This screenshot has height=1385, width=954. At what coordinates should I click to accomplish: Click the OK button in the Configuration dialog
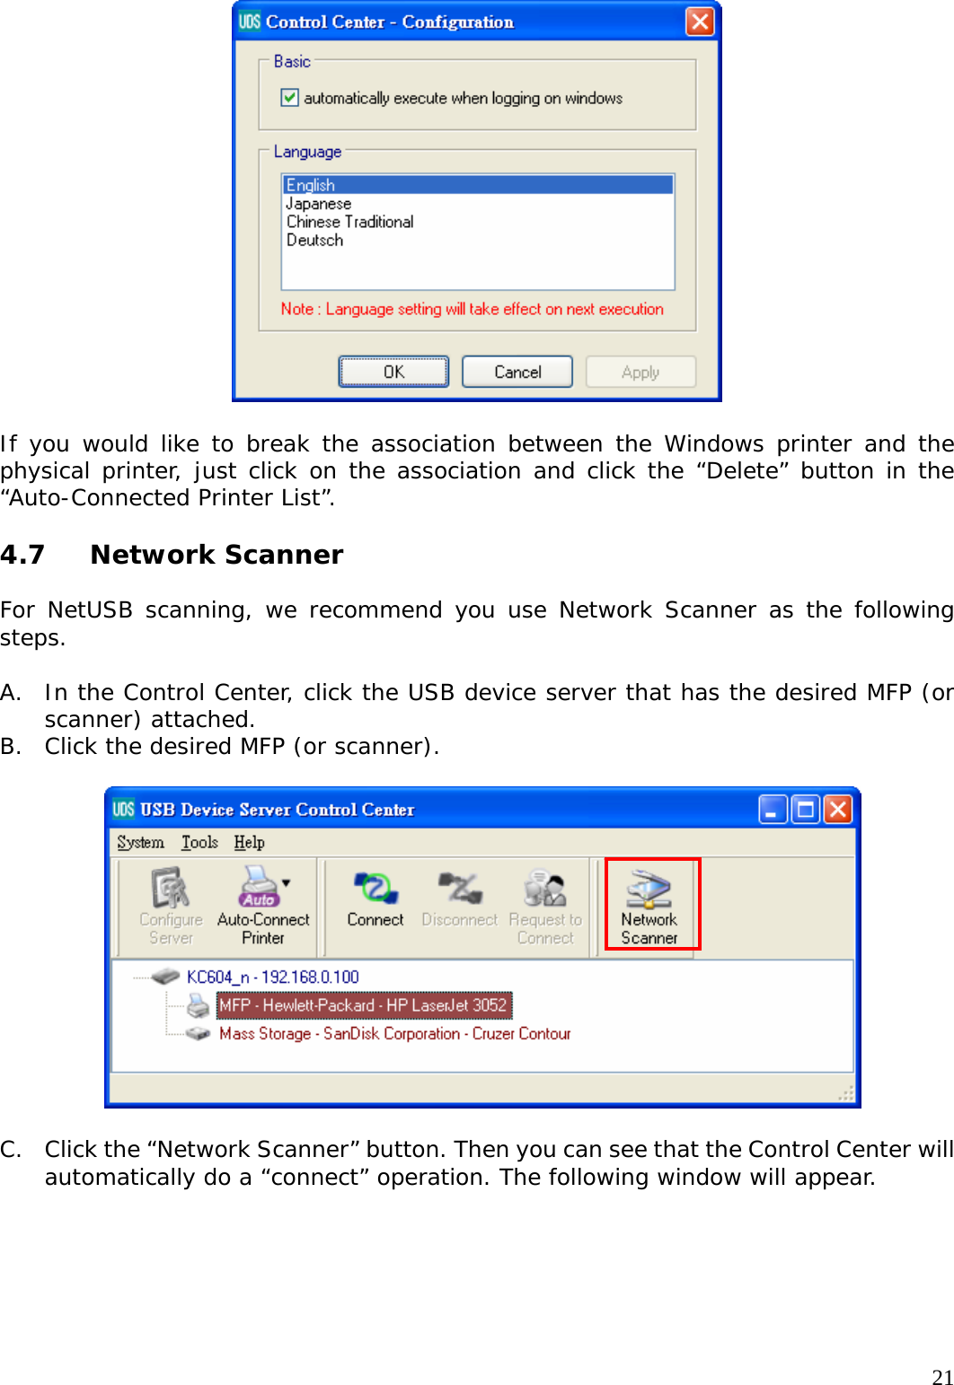[x=393, y=372]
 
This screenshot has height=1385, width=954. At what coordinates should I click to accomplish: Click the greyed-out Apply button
[x=640, y=372]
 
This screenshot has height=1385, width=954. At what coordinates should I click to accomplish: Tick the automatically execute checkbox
[x=289, y=97]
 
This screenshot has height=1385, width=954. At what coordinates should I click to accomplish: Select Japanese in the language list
[x=319, y=204]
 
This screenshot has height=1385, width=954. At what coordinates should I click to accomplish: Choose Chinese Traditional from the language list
[x=349, y=222]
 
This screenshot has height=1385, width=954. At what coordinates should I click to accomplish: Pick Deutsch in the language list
[x=314, y=240]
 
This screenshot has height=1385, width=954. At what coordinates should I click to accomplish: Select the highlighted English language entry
[x=311, y=185]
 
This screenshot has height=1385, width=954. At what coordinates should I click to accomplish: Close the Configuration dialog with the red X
[x=700, y=22]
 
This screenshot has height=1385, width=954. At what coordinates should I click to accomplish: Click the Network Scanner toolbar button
[x=650, y=904]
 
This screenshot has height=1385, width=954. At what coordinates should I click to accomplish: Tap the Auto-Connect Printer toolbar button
[x=263, y=904]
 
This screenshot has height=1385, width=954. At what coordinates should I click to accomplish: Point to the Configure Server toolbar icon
[x=171, y=904]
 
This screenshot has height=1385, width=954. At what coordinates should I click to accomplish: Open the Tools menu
[x=199, y=842]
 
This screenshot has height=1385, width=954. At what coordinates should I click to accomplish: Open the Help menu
[x=249, y=842]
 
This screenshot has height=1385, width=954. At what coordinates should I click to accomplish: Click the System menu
[x=140, y=842]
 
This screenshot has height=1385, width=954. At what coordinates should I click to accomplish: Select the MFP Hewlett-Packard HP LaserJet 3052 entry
[x=364, y=1005]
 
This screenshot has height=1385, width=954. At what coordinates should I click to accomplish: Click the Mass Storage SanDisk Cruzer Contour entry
[x=394, y=1033]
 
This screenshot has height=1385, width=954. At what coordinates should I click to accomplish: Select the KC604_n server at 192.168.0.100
[x=272, y=977]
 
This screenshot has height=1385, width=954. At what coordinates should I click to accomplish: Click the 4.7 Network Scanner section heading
[x=216, y=555]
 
